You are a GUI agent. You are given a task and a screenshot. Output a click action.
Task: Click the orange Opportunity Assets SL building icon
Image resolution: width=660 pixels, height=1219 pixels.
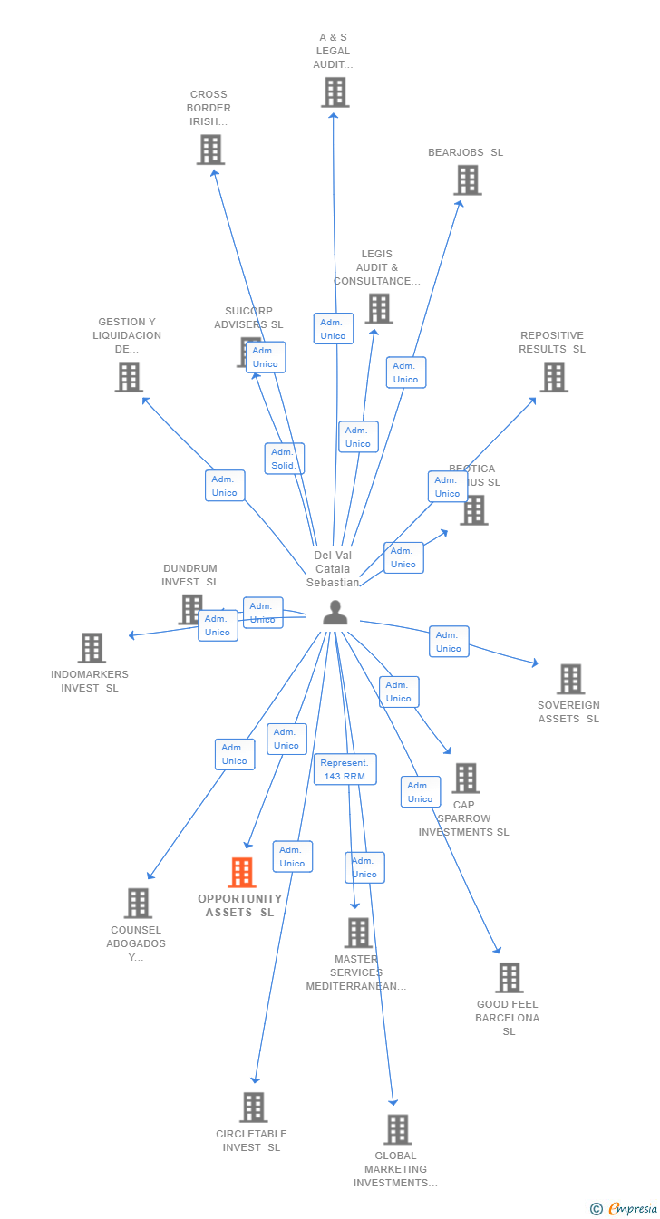point(242,873)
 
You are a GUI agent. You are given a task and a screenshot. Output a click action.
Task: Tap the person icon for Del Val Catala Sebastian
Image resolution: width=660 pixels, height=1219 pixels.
point(335,613)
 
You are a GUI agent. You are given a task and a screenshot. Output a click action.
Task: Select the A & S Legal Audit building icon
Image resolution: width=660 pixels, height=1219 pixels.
point(335,92)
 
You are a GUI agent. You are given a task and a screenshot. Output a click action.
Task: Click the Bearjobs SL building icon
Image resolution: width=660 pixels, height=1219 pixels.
point(468,180)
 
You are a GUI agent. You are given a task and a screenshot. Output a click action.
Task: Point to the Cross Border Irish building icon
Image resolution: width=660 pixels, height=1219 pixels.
point(210,150)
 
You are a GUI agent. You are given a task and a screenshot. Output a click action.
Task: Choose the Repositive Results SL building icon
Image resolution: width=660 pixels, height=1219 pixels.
point(554,377)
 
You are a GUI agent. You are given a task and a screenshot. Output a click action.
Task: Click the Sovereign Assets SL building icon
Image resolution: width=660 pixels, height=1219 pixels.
point(570,679)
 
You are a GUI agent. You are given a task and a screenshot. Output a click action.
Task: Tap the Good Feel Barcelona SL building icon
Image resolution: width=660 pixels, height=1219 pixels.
point(510,978)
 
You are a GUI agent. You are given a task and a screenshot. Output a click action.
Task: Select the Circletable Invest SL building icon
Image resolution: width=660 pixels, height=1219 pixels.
point(254,1108)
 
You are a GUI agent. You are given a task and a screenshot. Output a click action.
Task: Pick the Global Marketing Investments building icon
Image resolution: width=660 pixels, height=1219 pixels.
point(397,1129)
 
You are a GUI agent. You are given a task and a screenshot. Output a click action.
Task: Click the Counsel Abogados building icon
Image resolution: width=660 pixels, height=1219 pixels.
point(138,903)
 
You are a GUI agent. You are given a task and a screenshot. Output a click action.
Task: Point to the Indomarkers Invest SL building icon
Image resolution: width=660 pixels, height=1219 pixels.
point(92,648)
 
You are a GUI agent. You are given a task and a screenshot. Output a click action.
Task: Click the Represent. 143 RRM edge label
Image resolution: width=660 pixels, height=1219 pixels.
point(345,769)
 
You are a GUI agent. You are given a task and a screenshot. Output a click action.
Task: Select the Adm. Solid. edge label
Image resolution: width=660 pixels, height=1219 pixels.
point(284,459)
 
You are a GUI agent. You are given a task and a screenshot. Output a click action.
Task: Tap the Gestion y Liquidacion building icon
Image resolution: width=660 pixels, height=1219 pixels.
point(129,377)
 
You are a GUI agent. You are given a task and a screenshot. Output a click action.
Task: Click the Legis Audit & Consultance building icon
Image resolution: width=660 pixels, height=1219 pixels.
point(379,309)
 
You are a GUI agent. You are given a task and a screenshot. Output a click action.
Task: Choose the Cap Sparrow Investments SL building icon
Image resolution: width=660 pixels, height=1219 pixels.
point(466,778)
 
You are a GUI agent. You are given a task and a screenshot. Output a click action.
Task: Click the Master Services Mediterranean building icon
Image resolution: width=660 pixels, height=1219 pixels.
point(358,933)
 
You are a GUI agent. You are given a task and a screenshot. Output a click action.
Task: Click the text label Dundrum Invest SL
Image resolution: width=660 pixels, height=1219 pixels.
point(190,576)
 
